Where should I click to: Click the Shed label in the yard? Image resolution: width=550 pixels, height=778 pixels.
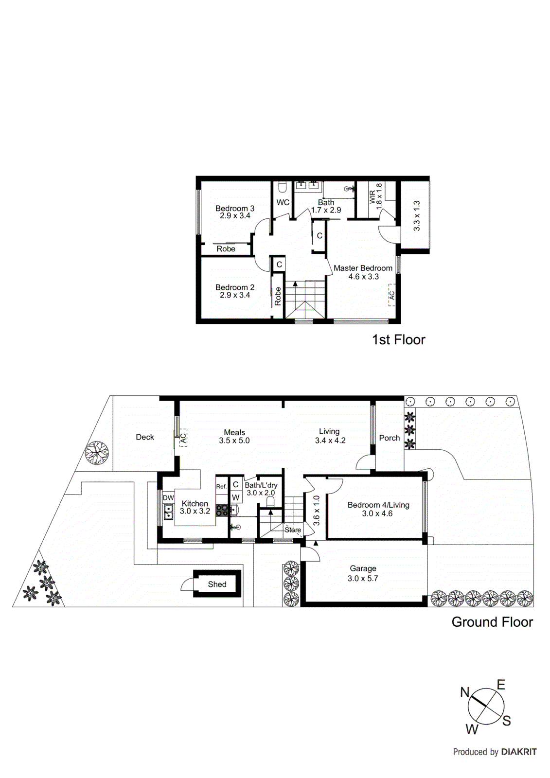point(217,584)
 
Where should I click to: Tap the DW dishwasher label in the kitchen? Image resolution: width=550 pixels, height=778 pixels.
point(168,498)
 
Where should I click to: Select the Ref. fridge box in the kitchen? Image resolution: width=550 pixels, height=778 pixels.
point(221,486)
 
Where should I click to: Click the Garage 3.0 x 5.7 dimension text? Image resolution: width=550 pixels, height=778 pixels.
point(363,578)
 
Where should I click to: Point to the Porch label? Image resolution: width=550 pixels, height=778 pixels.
point(390,438)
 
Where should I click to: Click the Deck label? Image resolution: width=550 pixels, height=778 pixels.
point(145,437)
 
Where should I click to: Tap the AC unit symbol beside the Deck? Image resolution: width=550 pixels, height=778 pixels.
point(182,438)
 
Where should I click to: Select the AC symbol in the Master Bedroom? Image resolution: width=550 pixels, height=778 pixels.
point(391,295)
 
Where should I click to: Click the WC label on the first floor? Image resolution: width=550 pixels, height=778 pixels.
point(283,202)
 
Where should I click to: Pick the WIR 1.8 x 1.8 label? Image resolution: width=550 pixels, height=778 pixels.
point(376,197)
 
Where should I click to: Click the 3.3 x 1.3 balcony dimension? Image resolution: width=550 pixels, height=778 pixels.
point(417,216)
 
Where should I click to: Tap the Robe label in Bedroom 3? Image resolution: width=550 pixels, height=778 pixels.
point(226,249)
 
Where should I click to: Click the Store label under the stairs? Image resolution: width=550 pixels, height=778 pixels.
point(293,530)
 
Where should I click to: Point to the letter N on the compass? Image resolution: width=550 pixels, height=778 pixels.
point(465,692)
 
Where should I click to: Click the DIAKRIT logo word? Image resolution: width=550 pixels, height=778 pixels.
point(519,752)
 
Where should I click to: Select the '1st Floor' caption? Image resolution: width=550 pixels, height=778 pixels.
point(398,339)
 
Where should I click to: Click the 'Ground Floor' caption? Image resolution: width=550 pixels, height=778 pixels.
point(492,622)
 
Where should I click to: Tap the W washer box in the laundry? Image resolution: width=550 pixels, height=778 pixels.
point(236,497)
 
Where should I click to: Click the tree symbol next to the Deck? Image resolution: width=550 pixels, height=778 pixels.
point(97,453)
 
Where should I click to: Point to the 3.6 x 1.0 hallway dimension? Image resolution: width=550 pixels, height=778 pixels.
point(317,511)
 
